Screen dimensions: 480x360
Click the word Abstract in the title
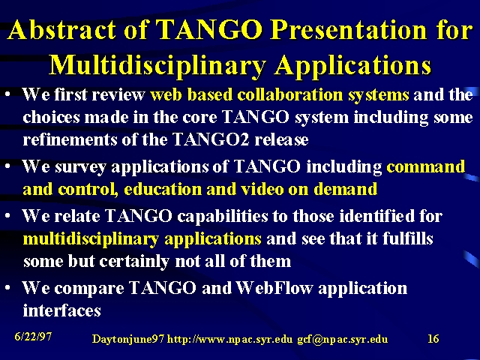coord(61,30)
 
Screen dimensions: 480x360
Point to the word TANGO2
coord(211,139)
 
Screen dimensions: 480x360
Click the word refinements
coord(70,139)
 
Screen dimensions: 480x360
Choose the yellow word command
coord(426,166)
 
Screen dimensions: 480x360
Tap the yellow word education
coord(163,189)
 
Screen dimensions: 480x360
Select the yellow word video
coord(262,189)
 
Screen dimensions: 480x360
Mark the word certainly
coord(134,262)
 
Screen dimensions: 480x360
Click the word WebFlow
coord(274,288)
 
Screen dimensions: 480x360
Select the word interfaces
coord(61,310)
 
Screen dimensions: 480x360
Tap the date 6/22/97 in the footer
coord(33,337)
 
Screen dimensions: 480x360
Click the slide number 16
coord(433,338)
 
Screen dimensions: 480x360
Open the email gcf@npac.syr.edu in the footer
coord(343,339)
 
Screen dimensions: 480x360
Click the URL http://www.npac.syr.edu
coord(229,339)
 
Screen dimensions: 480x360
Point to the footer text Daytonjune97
coord(128,339)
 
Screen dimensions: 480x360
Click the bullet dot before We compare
coord(8,287)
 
